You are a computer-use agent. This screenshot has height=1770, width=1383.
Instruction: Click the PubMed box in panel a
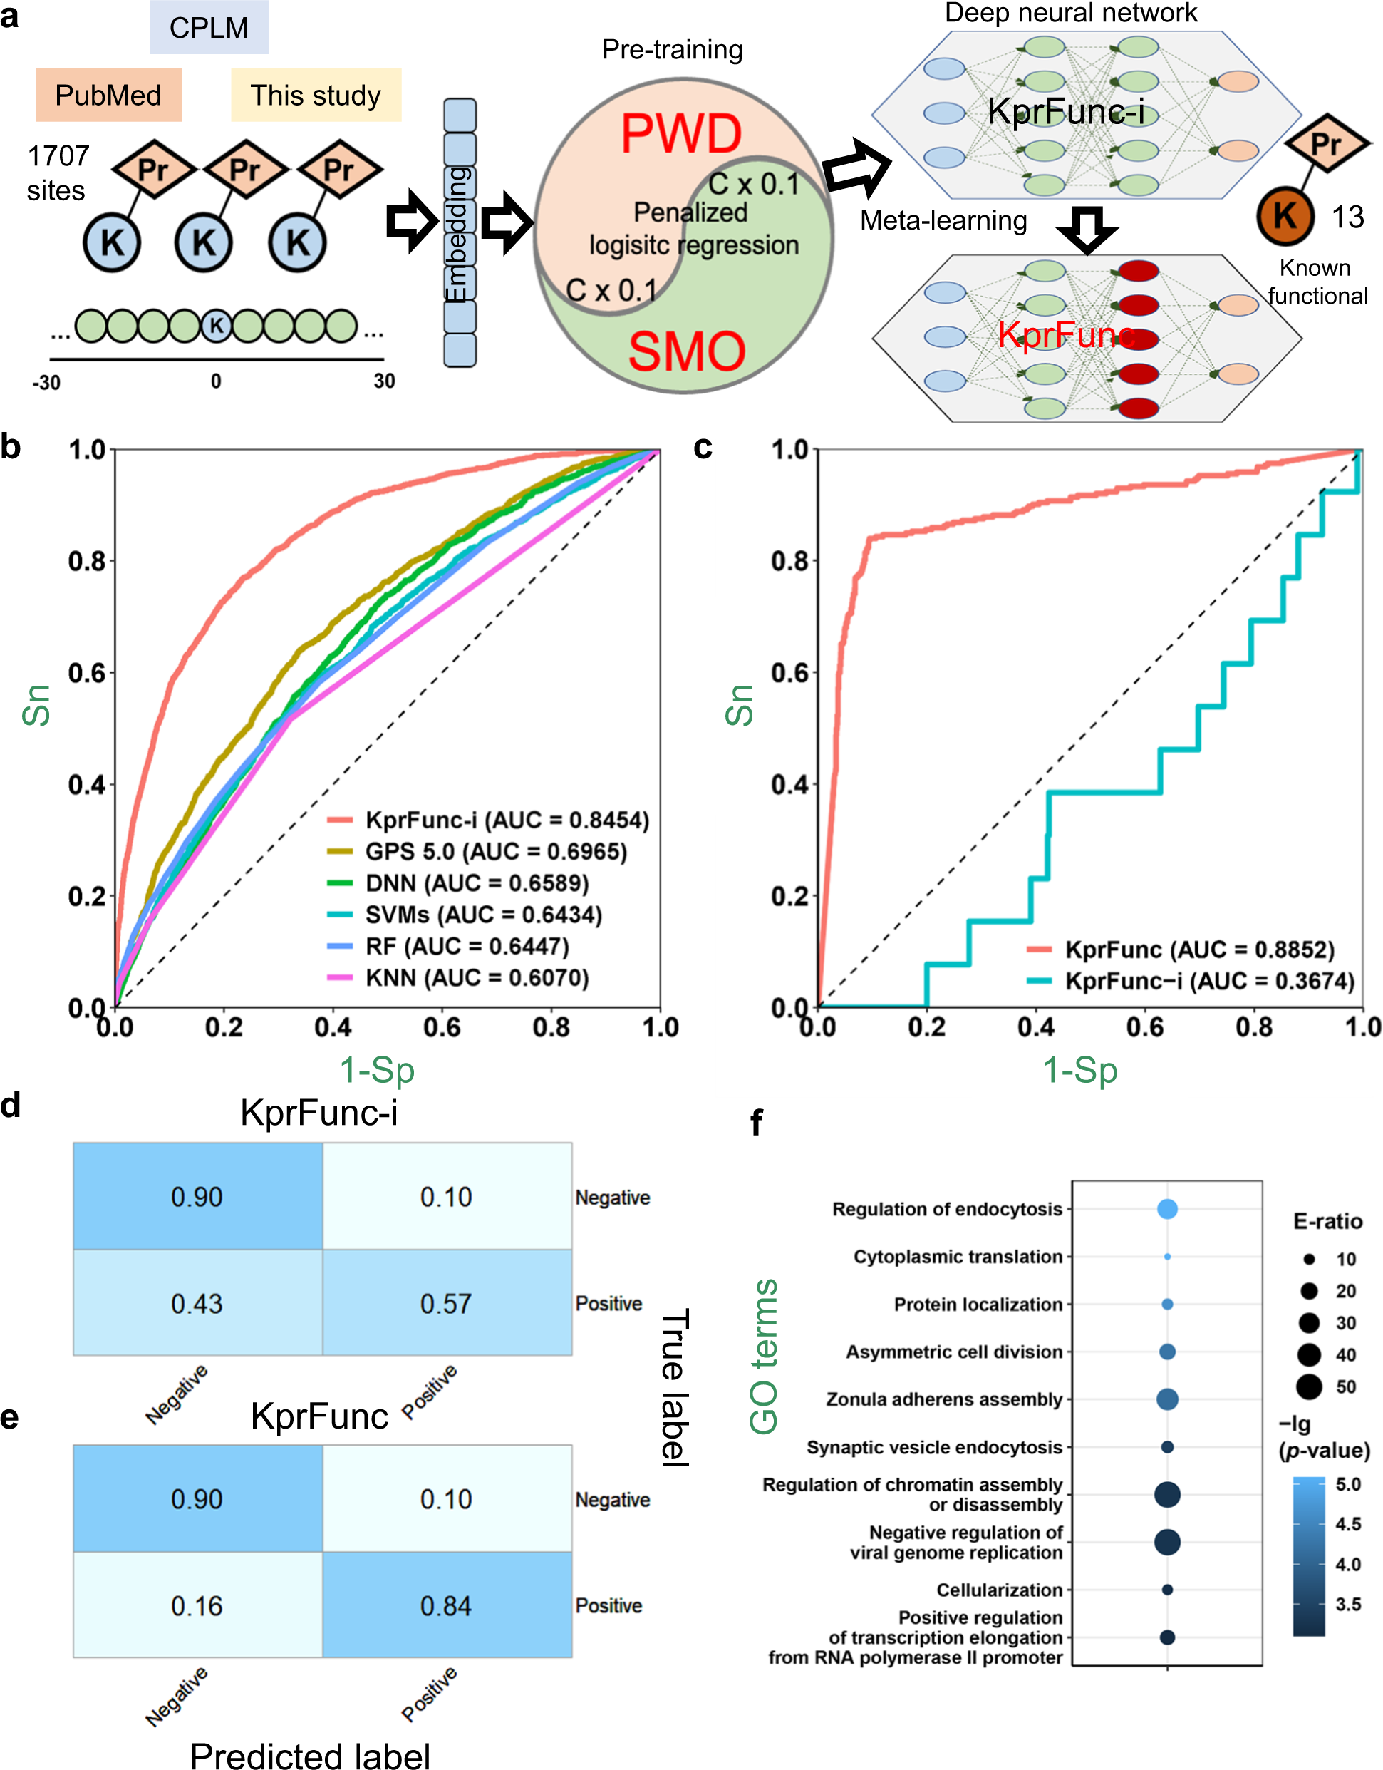tap(108, 95)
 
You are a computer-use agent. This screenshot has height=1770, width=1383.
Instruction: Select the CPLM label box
tap(209, 28)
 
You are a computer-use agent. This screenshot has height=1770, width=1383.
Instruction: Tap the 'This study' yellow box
tap(315, 95)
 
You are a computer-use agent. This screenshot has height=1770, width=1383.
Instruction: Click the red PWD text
tap(680, 134)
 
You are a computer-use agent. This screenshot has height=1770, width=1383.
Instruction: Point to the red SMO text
tap(686, 351)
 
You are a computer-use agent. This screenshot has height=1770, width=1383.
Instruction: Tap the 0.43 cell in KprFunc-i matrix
tap(197, 1303)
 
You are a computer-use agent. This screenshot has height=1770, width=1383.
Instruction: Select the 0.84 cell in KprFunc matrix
tap(447, 1605)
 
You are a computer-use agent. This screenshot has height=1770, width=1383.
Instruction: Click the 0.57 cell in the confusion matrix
tap(447, 1303)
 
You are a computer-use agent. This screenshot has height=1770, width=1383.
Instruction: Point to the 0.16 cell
tap(197, 1605)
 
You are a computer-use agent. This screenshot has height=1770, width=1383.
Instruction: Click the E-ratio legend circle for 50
tap(1308, 1386)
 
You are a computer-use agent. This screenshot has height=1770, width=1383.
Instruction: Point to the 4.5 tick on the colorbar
tap(1347, 1525)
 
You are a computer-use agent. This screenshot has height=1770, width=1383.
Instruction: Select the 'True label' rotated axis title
tap(675, 1386)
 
